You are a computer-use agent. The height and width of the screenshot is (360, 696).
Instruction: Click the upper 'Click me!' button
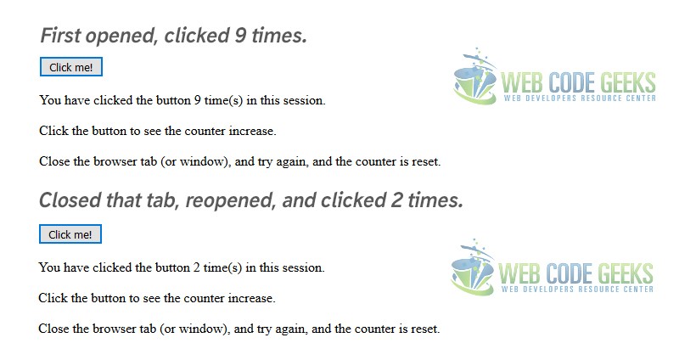71,67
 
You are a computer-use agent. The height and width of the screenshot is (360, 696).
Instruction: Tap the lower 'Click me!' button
70,234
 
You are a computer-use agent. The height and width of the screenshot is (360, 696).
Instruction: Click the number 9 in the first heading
240,35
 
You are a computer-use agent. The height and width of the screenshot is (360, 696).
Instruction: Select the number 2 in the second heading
396,200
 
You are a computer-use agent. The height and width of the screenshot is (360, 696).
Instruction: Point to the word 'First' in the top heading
60,35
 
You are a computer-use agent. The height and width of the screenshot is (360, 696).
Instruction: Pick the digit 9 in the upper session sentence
198,100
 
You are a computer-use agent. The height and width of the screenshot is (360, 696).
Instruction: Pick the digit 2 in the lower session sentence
197,267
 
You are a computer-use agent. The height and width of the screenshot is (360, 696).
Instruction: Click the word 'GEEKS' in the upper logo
628,82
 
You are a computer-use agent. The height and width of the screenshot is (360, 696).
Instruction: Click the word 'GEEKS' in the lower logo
626,273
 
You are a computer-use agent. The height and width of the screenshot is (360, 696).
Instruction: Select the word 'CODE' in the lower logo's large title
570,273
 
